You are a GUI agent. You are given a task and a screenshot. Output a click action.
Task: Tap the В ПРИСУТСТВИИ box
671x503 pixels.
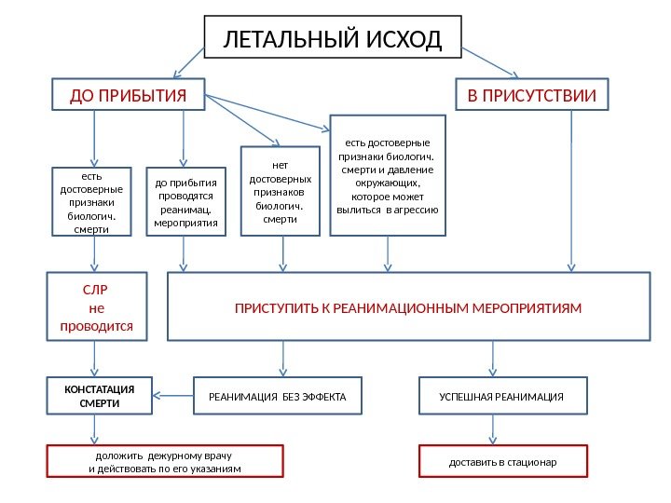click(530, 94)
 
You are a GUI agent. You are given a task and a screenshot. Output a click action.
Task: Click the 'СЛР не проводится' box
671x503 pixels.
click(96, 304)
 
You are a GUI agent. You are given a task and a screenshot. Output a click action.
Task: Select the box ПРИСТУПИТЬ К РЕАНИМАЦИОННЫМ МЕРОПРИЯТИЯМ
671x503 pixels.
click(407, 306)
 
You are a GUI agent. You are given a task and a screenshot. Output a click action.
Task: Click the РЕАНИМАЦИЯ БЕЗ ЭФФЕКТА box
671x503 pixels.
click(277, 397)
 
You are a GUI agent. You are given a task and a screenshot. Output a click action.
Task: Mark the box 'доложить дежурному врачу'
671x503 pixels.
click(165, 461)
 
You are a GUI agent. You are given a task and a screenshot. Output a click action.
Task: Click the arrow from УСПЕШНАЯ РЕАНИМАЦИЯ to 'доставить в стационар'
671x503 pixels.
click(493, 429)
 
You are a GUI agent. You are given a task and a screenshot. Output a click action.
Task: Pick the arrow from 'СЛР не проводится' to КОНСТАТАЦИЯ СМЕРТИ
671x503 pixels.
click(93, 359)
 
